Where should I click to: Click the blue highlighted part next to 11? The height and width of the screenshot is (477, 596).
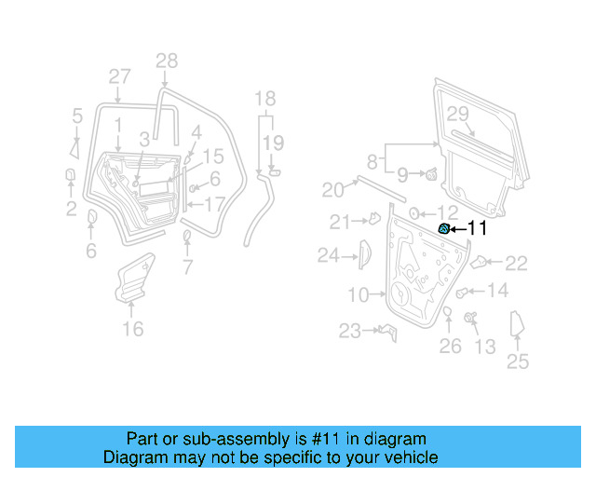tap(445, 228)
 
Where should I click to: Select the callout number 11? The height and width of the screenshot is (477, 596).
tap(476, 227)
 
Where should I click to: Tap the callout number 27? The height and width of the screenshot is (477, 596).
tap(119, 76)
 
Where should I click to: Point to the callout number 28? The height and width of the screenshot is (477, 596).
tap(166, 61)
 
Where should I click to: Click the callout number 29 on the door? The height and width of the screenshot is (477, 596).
tap(457, 114)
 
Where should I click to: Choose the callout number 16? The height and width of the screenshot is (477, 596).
tap(133, 329)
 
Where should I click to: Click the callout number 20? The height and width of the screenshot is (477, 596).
tap(332, 190)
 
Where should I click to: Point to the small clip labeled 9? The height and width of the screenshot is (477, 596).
tap(431, 174)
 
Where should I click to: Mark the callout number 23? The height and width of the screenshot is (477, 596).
tap(349, 331)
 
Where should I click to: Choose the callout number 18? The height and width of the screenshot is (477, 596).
tap(265, 98)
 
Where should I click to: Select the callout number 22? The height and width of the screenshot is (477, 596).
tap(516, 264)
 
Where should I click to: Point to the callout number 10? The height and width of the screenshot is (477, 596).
tap(359, 295)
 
